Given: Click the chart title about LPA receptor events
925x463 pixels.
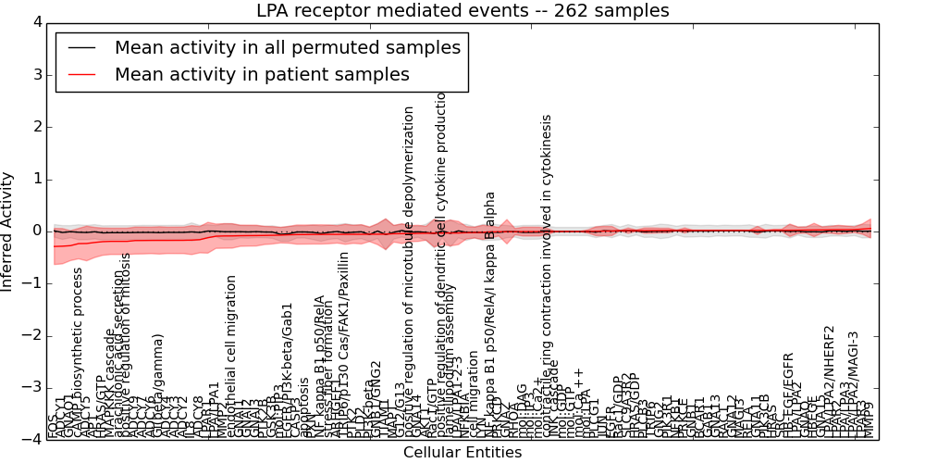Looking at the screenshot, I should pos(462,11).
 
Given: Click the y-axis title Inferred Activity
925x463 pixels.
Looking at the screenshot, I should pos(8,231).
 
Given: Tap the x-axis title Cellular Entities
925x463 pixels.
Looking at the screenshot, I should pos(462,453).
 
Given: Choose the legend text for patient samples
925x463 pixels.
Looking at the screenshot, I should pos(262,74).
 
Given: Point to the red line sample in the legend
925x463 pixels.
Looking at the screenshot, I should pos(80,74).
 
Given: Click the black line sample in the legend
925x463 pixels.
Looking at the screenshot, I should pos(80,47).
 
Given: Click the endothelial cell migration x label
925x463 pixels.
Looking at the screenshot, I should pos(231,357).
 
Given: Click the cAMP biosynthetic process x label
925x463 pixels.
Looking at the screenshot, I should pos(78,352).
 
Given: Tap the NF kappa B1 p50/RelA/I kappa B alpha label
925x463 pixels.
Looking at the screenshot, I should pos(490,315).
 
